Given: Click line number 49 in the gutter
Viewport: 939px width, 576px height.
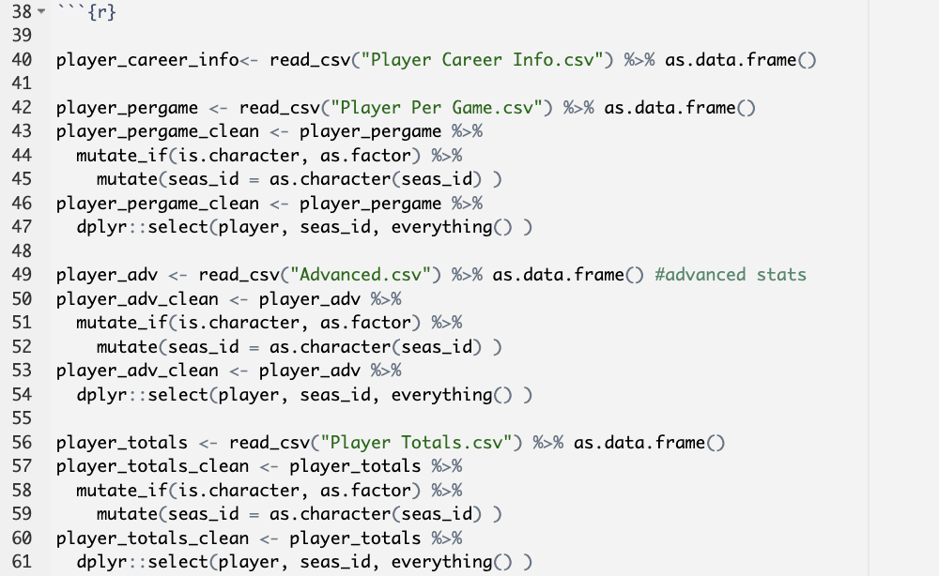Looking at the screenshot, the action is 22,275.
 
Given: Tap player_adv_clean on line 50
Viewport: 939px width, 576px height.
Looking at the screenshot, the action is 137,299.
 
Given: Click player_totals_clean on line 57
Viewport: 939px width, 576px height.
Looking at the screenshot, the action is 152,466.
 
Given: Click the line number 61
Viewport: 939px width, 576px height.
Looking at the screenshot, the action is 22,561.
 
